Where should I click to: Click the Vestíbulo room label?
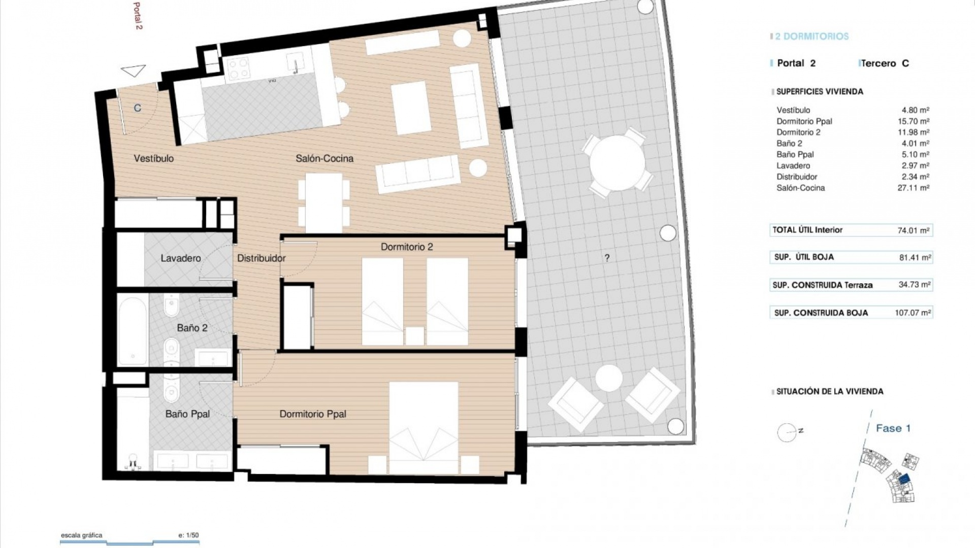pos(153,158)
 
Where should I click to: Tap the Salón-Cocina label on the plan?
pos(324,158)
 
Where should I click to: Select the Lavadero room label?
pos(180,258)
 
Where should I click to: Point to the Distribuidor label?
pos(261,258)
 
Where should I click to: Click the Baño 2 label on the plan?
pos(192,328)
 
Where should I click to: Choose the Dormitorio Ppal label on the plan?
pos(313,414)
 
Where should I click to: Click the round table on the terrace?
pos(617,162)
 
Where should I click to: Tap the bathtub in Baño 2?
pos(133,330)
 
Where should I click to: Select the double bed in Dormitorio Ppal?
pos(424,427)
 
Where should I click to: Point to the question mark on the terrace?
pos(607,258)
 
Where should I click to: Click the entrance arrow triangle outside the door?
pos(134,71)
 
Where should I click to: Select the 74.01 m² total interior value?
pos(913,230)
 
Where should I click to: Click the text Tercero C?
pos(885,63)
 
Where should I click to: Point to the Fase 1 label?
pos(893,428)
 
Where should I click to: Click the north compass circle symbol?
pos(787,432)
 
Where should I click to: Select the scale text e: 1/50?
pos(188,535)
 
